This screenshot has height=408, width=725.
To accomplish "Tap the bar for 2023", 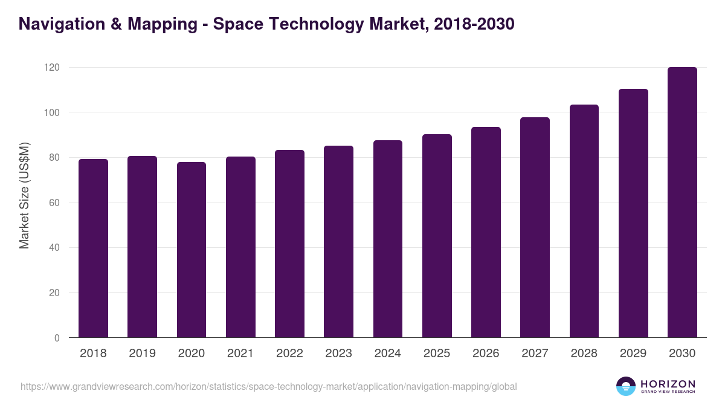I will pyautogui.click(x=338, y=242).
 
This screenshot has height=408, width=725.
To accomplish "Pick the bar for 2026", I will pyautogui.click(x=486, y=232).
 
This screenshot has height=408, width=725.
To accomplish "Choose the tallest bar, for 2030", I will pyautogui.click(x=682, y=202).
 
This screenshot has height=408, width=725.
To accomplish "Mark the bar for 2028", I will pyautogui.click(x=584, y=221).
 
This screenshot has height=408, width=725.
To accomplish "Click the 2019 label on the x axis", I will pyautogui.click(x=142, y=354).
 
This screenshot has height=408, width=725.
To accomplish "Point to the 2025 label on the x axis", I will pyautogui.click(x=437, y=354).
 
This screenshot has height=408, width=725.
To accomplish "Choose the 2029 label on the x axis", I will pyautogui.click(x=633, y=354).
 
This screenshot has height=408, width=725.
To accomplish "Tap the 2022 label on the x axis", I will pyautogui.click(x=289, y=354).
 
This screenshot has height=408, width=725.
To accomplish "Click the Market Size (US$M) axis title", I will pyautogui.click(x=24, y=195).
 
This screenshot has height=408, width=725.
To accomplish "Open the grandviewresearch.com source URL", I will pyautogui.click(x=269, y=386).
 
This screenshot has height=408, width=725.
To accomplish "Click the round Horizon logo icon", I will pyautogui.click(x=626, y=386).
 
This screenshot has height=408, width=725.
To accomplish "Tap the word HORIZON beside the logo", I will pyautogui.click(x=668, y=384).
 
